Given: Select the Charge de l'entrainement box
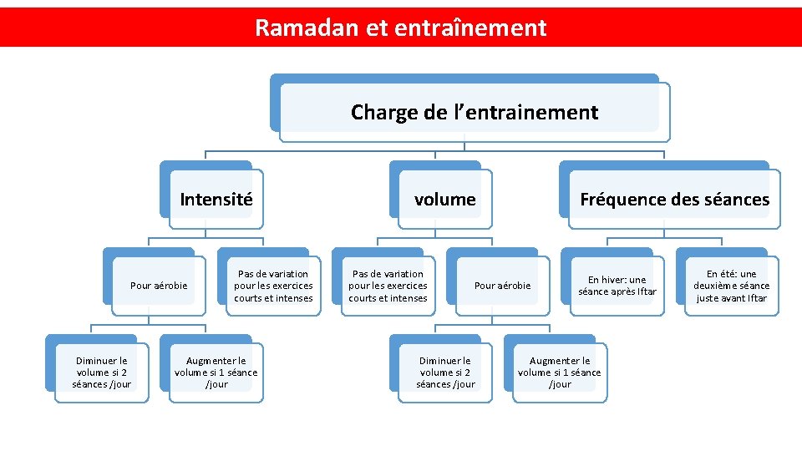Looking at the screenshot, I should [474, 112].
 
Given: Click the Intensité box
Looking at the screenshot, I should [216, 200].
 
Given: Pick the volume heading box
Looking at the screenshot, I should [445, 200].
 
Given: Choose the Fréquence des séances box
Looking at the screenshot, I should [674, 200].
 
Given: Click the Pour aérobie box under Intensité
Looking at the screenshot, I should [159, 286].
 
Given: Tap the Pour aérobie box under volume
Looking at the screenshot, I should [502, 286].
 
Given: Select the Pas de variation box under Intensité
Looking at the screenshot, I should [273, 286].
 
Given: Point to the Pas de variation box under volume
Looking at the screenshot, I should [388, 286].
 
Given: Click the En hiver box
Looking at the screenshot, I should [617, 286].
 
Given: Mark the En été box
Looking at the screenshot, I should [731, 286].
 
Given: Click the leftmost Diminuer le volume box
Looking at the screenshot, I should [101, 372].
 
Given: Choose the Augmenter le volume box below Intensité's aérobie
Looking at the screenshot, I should [216, 372].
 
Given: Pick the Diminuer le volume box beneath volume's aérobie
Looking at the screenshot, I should [445, 372].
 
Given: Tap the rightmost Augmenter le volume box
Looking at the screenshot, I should [560, 372].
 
